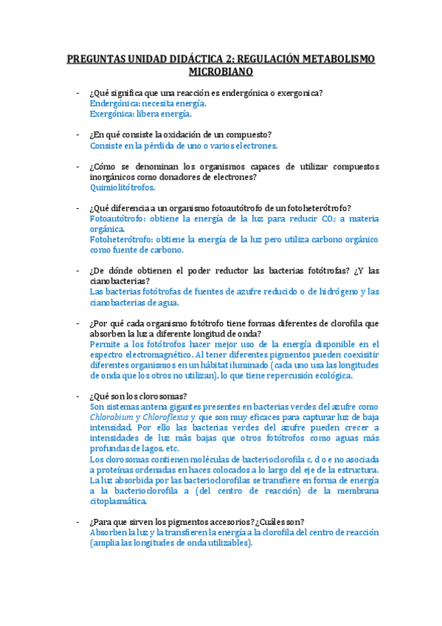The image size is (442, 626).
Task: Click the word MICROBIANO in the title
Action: [x=221, y=72]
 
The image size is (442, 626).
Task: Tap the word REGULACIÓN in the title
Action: [x=263, y=59]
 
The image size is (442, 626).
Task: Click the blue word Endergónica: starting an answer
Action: [x=116, y=104]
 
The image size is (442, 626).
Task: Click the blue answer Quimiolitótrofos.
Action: [x=122, y=188]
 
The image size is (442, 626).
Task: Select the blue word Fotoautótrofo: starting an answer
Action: [x=117, y=219]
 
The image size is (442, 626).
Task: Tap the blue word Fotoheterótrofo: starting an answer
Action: [x=120, y=240]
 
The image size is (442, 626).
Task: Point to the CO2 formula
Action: [x=322, y=219]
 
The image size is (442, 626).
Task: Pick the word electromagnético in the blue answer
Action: [x=159, y=354]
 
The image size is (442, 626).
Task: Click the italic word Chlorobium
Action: [x=111, y=417]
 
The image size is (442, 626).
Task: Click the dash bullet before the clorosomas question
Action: [x=77, y=396]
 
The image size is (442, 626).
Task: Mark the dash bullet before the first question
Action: [x=77, y=93]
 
